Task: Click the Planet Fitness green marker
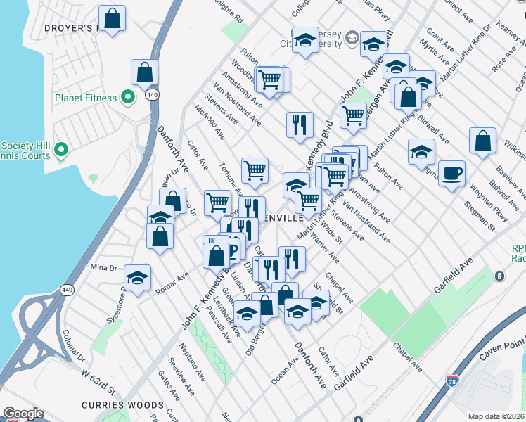pyautogui.click(x=127, y=97)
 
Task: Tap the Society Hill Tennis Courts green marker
pyautogui.click(x=61, y=149)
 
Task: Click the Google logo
pyautogui.click(x=23, y=414)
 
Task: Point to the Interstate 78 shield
pyautogui.click(x=453, y=383)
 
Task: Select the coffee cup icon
pyautogui.click(x=451, y=172)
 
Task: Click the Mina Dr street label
pyautogui.click(x=103, y=267)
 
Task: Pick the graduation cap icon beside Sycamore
pyautogui.click(x=137, y=278)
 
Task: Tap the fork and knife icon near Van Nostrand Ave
pyautogui.click(x=300, y=124)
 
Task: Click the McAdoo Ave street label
pyautogui.click(x=210, y=122)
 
